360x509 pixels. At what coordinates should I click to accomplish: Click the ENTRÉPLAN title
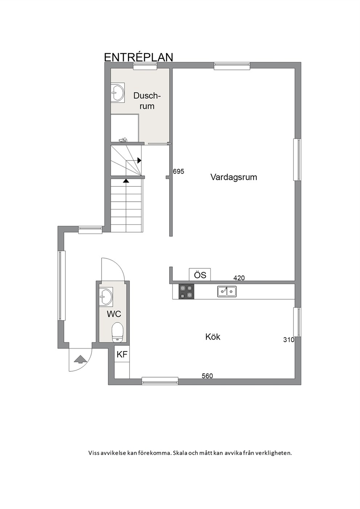pos(138,57)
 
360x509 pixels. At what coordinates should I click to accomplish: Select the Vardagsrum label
pos(234,177)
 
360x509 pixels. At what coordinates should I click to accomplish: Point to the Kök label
pos(213,337)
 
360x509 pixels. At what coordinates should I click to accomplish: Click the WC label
pos(114,314)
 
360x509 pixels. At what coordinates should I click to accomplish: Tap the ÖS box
pos(200,275)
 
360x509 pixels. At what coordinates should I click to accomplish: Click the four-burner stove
pos(187,292)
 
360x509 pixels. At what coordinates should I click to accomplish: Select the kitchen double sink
pos(227,291)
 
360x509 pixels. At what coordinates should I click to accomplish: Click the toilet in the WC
pos(117,332)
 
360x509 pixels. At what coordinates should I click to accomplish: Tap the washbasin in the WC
pos(106,296)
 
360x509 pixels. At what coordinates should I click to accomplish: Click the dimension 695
pos(179,171)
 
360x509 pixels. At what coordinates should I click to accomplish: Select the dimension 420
pos(239,278)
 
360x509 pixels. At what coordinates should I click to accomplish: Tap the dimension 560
pos(207,376)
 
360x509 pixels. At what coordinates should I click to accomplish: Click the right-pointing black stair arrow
pos(139,160)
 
